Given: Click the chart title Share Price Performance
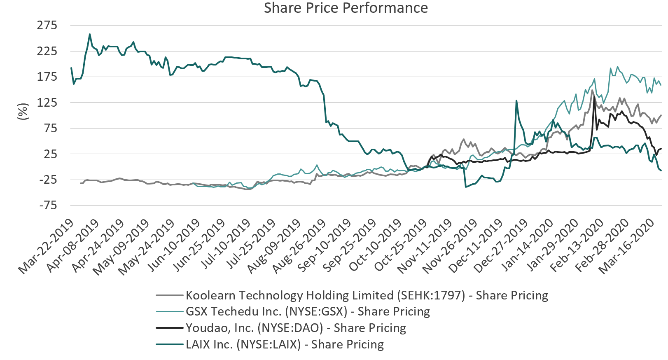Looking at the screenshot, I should click(346, 8).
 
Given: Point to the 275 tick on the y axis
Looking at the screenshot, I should click(47, 26).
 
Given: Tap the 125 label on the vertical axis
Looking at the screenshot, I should click(47, 103).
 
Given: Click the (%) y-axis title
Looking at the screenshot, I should click(23, 112).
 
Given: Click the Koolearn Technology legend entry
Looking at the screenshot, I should click(367, 295).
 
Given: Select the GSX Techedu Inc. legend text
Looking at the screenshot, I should click(308, 311).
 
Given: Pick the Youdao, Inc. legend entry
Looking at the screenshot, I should click(296, 328).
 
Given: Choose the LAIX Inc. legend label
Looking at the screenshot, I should click(285, 344).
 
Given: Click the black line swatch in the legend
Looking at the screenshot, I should click(169, 328).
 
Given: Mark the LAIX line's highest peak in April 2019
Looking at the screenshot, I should click(90, 34).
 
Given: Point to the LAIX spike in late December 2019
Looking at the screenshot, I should click(516, 101).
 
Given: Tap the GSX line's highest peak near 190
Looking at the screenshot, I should click(617, 67).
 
